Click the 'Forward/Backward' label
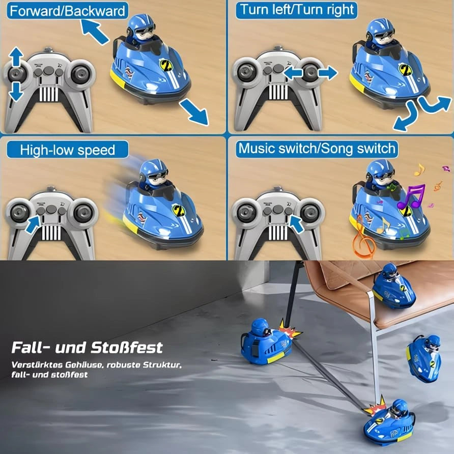click(67, 10)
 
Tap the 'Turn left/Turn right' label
click(297, 9)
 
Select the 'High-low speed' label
click(67, 150)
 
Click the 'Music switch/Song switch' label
click(317, 148)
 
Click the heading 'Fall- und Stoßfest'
click(87, 348)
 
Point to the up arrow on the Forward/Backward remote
click(16, 56)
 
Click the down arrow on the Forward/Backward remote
click(16, 91)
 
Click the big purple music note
click(411, 197)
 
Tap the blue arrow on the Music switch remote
click(297, 223)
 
